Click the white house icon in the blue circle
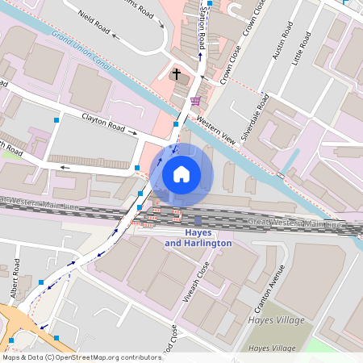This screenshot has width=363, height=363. [181, 173]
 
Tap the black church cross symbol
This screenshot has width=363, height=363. [177, 73]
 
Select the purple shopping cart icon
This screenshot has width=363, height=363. [195, 101]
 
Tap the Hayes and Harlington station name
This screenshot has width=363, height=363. [198, 238]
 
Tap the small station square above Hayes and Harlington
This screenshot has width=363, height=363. [198, 221]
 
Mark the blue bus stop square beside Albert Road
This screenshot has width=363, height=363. [41, 282]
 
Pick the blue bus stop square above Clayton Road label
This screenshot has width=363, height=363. [56, 120]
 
